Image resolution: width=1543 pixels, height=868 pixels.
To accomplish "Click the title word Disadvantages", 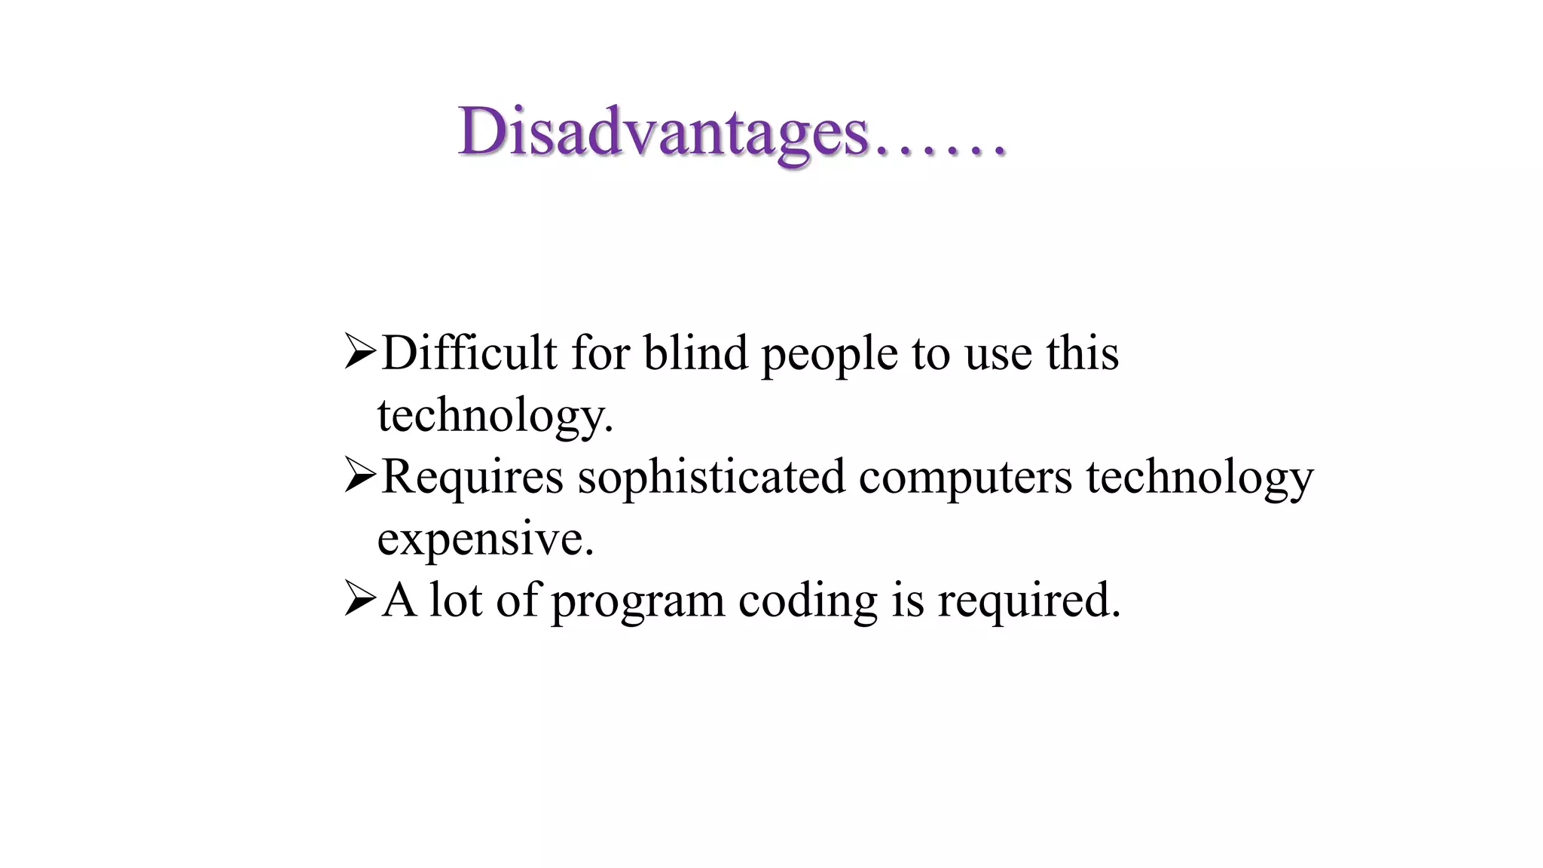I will (663, 133).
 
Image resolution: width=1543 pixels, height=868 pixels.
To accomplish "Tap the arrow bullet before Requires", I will (359, 477).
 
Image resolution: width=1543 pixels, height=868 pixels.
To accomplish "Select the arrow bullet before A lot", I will (359, 601).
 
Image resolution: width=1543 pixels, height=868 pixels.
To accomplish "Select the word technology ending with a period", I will (495, 416).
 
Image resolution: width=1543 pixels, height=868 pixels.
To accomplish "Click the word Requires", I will (472, 478).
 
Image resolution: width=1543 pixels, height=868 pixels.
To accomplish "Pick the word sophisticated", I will (711, 478).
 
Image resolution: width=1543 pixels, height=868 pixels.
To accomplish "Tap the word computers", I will (965, 478).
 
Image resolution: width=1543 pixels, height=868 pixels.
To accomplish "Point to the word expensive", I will (485, 539).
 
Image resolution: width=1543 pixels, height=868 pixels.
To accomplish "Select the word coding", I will (808, 601).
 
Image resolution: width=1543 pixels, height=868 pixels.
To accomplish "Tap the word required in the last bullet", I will (1028, 601).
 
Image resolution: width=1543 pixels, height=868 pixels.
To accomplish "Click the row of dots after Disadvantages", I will (940, 151).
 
